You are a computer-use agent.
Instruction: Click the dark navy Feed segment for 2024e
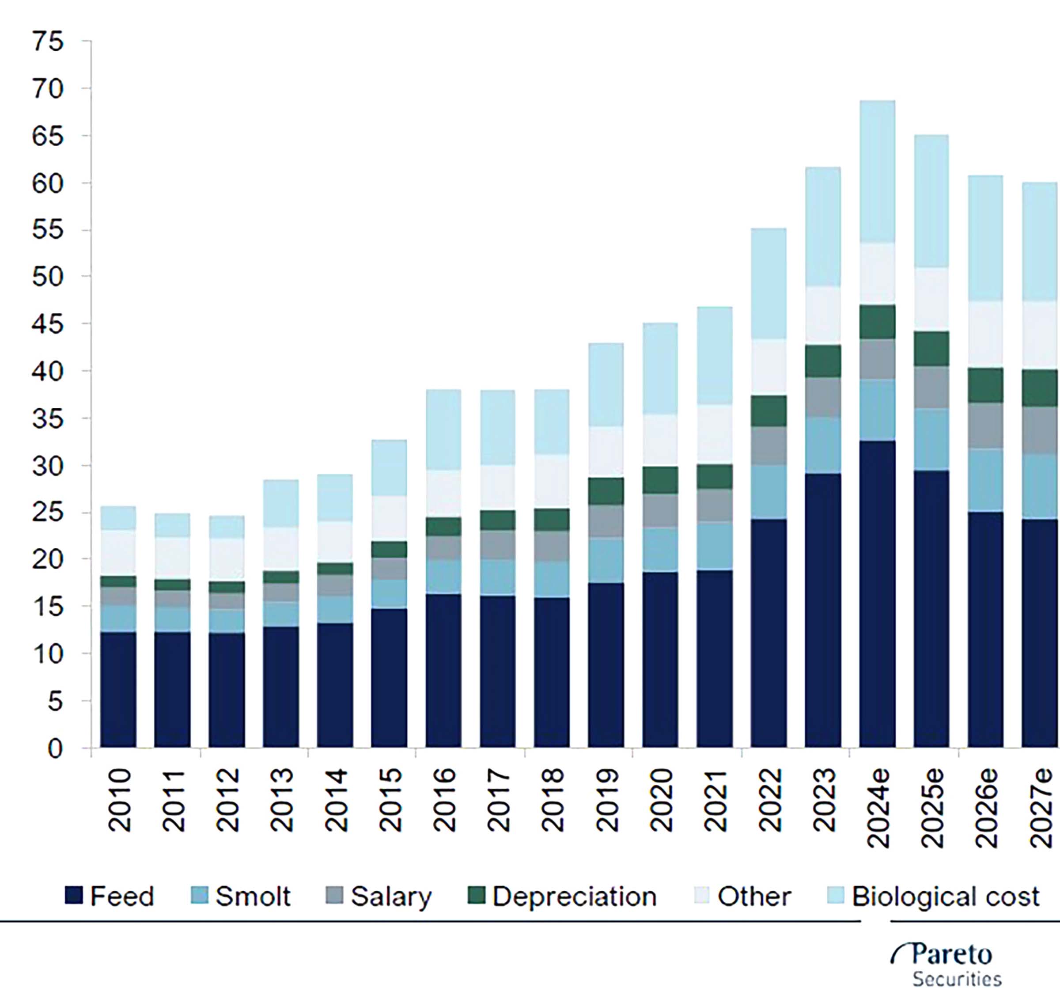tap(877, 593)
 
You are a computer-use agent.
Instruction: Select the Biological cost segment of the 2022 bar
tap(768, 283)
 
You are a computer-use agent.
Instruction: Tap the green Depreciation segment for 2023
tap(823, 361)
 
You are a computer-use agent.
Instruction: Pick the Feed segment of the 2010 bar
tap(118, 689)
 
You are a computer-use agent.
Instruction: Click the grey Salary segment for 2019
tap(606, 521)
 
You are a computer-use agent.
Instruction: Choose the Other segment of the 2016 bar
tap(443, 494)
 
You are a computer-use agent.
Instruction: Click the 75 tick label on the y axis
tap(48, 42)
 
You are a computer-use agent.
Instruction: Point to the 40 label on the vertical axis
tap(48, 371)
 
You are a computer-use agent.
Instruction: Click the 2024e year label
tap(877, 808)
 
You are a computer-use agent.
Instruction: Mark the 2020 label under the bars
tap(660, 800)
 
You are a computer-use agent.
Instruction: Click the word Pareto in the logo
tap(951, 954)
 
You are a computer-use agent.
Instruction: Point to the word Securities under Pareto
tap(957, 979)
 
